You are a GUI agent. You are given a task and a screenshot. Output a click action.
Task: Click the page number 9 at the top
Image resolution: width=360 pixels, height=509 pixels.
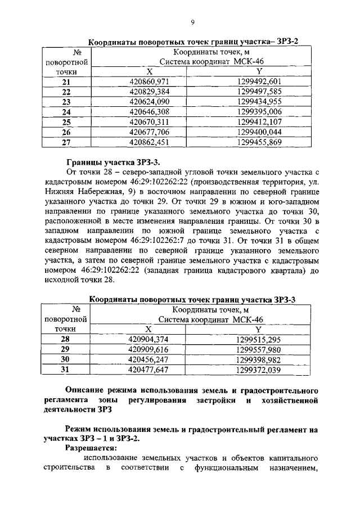192,22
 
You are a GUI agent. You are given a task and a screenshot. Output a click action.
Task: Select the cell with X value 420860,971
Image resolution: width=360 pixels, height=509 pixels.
149,82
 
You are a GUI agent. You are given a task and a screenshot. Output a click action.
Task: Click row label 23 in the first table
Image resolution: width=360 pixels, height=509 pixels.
66,102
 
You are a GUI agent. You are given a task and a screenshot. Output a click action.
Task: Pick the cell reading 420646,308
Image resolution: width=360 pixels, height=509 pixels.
149,112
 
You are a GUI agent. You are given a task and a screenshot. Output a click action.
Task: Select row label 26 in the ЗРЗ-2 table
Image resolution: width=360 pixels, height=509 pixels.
66,132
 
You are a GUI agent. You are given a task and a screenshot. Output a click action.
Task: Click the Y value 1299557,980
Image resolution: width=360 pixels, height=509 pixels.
259,349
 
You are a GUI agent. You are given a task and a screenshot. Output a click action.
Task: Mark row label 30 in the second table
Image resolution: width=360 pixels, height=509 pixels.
65,359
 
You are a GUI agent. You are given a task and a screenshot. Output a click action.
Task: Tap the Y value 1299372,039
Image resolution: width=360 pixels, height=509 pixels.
259,370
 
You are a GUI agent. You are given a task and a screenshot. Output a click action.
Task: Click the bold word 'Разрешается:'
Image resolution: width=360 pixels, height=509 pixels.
91,448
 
